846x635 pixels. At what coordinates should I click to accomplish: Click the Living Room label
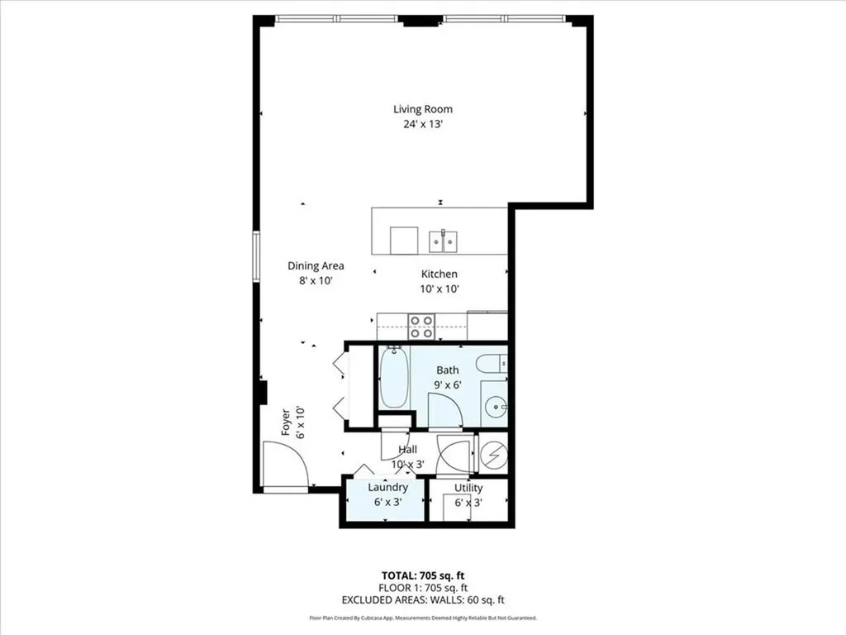pyautogui.click(x=422, y=109)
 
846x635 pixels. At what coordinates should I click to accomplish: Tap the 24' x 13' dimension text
pyautogui.click(x=422, y=126)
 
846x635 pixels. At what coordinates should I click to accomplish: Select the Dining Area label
pyautogui.click(x=316, y=266)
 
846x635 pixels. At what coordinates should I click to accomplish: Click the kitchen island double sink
pyautogui.click(x=444, y=241)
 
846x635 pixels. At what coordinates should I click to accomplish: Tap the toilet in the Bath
pyautogui.click(x=493, y=363)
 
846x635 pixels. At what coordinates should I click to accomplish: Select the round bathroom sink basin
pyautogui.click(x=494, y=406)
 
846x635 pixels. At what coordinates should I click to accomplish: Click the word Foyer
pyautogui.click(x=286, y=422)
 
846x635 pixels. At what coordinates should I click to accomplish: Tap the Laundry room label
pyautogui.click(x=387, y=488)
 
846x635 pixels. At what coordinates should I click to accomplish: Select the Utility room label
pyautogui.click(x=468, y=488)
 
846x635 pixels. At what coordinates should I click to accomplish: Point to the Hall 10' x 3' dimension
pyautogui.click(x=407, y=464)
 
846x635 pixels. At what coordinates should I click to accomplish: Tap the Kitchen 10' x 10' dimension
pyautogui.click(x=439, y=289)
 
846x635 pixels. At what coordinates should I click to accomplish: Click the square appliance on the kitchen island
pyautogui.click(x=403, y=241)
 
